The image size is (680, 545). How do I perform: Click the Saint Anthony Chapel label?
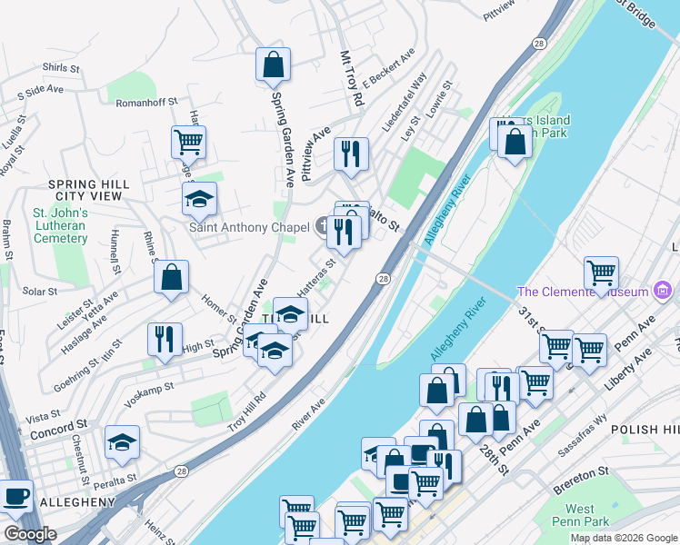248,227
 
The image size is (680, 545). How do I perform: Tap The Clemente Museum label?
582,292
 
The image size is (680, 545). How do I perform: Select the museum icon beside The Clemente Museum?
664,292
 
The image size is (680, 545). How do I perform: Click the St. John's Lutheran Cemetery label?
60,226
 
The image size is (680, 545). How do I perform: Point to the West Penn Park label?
580,516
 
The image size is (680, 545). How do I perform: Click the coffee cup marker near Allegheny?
15,496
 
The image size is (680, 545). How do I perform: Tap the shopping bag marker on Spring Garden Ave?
273,64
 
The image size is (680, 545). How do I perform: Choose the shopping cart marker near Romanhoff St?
188,141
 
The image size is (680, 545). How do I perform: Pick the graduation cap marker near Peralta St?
122,442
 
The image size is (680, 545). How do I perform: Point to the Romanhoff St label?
145,104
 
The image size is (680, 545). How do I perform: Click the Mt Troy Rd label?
351,83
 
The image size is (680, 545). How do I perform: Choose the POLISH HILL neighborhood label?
644,429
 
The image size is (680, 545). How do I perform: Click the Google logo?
30,534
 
